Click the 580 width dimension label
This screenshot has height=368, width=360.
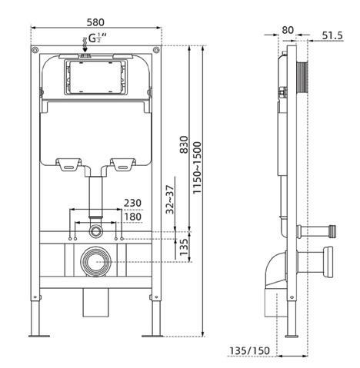click(95, 22)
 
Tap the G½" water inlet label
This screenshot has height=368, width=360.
click(98, 38)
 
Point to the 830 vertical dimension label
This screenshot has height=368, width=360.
click(184, 144)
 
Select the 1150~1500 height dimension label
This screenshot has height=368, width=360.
click(198, 168)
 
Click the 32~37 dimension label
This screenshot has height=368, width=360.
click(170, 200)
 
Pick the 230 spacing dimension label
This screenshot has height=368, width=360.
click(132, 203)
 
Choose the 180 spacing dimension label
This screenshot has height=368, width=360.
click(132, 217)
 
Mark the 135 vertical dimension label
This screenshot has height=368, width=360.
click(184, 247)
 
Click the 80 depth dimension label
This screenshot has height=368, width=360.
click(288, 30)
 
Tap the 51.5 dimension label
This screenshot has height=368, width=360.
click(332, 35)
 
